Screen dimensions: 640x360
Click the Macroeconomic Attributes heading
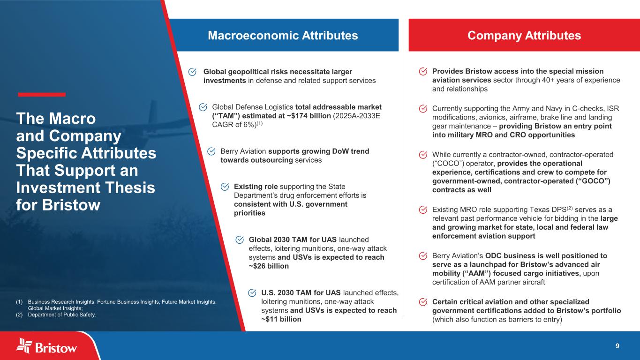click(x=283, y=36)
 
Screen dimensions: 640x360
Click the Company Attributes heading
click(x=524, y=36)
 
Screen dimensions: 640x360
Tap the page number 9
click(x=617, y=346)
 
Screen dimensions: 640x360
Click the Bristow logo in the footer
click(x=46, y=346)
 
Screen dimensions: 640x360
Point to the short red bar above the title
click(x=42, y=95)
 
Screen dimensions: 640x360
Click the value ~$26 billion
click(x=269, y=266)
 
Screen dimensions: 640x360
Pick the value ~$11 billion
click(x=281, y=319)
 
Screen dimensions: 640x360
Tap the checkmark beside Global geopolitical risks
click(x=192, y=72)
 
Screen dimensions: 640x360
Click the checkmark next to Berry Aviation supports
click(x=211, y=151)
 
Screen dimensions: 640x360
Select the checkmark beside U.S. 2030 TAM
click(x=252, y=293)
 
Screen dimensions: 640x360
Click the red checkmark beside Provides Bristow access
click(x=423, y=71)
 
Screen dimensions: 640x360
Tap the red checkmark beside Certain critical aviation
click(x=423, y=302)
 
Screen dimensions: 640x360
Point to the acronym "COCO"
click(x=448, y=164)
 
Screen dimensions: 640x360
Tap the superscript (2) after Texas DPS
click(x=569, y=208)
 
